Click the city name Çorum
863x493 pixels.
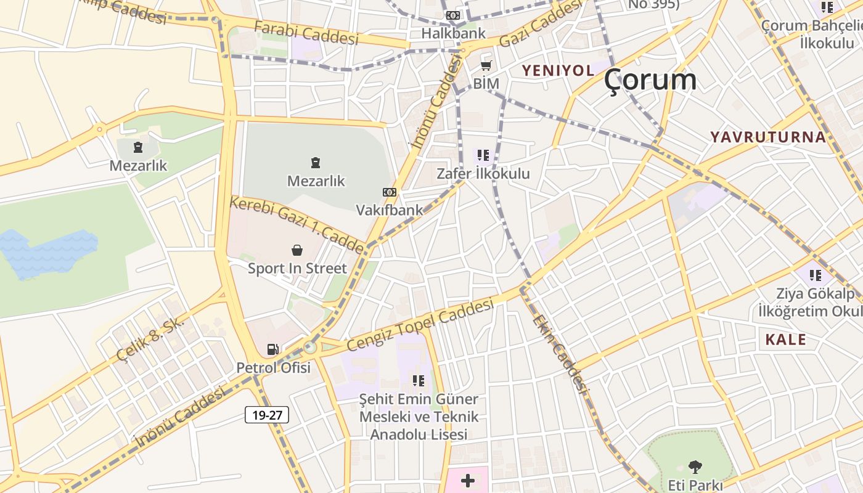pyautogui.click(x=650, y=80)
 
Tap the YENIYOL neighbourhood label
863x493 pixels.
pyautogui.click(x=558, y=70)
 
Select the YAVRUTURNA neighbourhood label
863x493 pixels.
pyautogui.click(x=768, y=137)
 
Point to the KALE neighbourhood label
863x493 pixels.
pyautogui.click(x=786, y=340)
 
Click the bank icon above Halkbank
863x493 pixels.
pyautogui.click(x=453, y=15)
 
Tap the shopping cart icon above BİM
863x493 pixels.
pyautogui.click(x=486, y=65)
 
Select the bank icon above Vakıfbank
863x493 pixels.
pyautogui.click(x=390, y=192)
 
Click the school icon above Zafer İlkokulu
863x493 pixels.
pyautogui.click(x=483, y=155)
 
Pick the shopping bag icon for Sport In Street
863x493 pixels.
pyautogui.click(x=297, y=250)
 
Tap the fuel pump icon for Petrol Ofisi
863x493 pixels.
pyautogui.click(x=273, y=349)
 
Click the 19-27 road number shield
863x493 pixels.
pyautogui.click(x=267, y=415)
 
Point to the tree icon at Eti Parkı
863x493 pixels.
pyautogui.click(x=695, y=467)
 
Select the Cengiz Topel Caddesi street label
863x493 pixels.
pyautogui.click(x=420, y=324)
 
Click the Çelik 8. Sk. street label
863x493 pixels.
pyautogui.click(x=150, y=338)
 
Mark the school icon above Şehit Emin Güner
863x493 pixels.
pyautogui.click(x=419, y=381)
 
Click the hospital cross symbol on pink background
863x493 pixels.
pyautogui.click(x=468, y=480)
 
